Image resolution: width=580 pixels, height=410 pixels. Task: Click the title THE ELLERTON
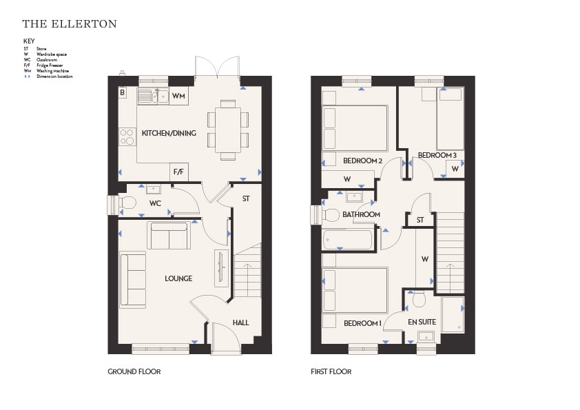[x=70, y=24]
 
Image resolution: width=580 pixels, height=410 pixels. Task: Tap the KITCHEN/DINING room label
[x=169, y=133]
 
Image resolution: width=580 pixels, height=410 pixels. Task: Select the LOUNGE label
[x=178, y=278]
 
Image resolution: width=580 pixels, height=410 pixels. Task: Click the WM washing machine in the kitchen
[x=178, y=96]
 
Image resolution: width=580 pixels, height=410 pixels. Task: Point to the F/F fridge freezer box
[x=178, y=172]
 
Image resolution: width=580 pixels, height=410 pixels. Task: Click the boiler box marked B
[x=123, y=92]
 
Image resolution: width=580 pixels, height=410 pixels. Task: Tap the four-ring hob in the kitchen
[x=127, y=136]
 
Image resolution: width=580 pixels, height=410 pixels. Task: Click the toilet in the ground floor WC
[x=127, y=203]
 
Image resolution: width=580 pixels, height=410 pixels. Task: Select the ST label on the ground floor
[x=246, y=198]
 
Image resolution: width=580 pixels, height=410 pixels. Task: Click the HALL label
[x=241, y=322]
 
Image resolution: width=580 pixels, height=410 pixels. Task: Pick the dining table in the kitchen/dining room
[x=228, y=130]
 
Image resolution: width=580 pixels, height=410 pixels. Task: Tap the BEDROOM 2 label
[x=362, y=161]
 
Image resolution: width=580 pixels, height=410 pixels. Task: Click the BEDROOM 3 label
[x=437, y=156]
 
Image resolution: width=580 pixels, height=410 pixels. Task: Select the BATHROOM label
[x=361, y=214]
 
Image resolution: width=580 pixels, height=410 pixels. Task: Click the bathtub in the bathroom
[x=347, y=240]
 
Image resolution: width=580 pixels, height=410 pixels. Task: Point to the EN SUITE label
[x=422, y=322]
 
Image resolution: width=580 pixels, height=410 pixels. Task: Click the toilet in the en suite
[x=419, y=299]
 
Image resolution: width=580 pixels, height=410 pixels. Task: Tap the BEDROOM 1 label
[x=362, y=323]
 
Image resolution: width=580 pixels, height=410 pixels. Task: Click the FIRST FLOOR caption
[x=331, y=371]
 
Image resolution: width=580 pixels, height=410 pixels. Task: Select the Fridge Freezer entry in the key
[x=50, y=65]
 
